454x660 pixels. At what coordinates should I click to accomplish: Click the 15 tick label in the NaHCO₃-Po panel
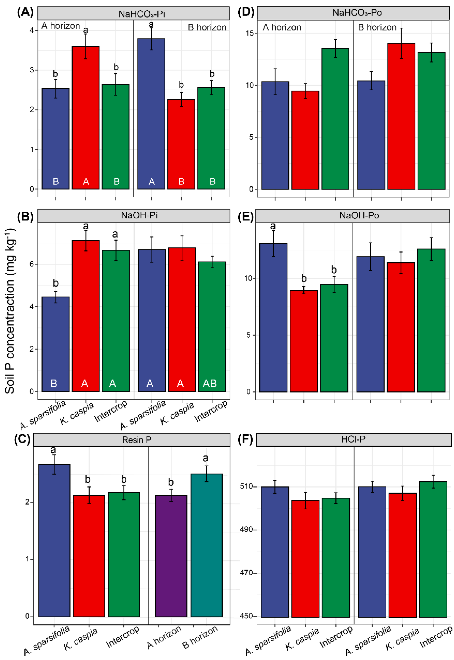[x=250, y=33]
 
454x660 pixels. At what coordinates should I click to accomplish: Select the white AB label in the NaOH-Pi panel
[x=210, y=384]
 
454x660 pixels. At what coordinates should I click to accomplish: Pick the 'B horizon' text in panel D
[x=377, y=28]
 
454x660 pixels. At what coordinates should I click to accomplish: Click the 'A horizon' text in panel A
[x=61, y=26]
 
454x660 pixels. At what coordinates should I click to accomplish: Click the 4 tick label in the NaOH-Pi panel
[x=32, y=307]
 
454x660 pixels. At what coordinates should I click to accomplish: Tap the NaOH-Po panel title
[x=359, y=216]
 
